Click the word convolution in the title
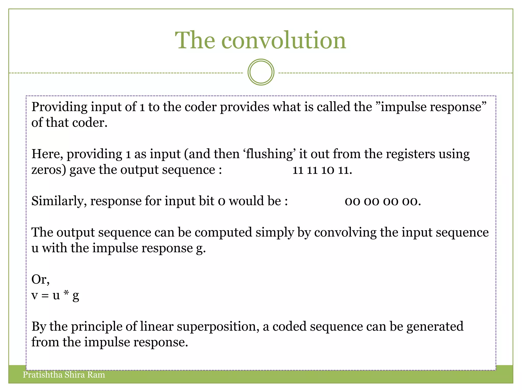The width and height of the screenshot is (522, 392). pos(283,40)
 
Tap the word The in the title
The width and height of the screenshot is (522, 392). pos(195,40)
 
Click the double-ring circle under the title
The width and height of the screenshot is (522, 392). pos(261,72)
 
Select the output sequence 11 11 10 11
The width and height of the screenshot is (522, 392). pos(322,170)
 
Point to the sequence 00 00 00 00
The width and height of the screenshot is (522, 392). pos(383,201)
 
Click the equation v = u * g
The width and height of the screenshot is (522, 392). pos(55,296)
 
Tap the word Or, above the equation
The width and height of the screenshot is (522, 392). pos(40,279)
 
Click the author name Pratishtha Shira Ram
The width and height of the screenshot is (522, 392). pos(64,375)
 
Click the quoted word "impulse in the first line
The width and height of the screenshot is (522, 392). pos(401,107)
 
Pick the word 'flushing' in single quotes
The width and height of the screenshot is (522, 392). pos(269,154)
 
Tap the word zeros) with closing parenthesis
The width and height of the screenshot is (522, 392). pos(49,170)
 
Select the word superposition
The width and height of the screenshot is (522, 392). pos(218,327)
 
